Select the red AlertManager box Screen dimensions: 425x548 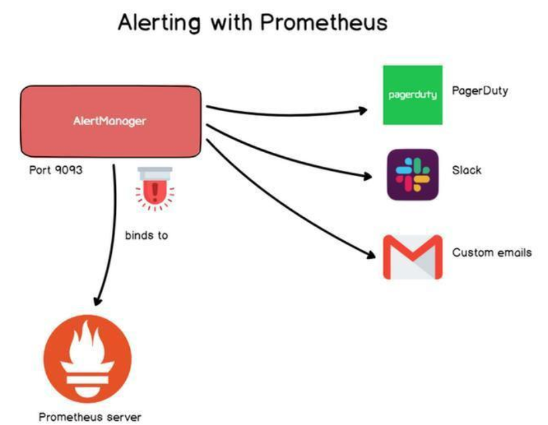coord(111,122)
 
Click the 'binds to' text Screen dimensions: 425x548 coord(146,236)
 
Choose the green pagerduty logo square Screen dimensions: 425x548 coord(412,95)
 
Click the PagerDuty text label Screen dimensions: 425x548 coord(480,92)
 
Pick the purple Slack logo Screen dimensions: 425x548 coord(413,174)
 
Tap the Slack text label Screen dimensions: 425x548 coord(467,170)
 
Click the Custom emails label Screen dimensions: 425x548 coord(492,253)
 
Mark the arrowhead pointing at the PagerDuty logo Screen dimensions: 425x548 coord(362,110)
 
